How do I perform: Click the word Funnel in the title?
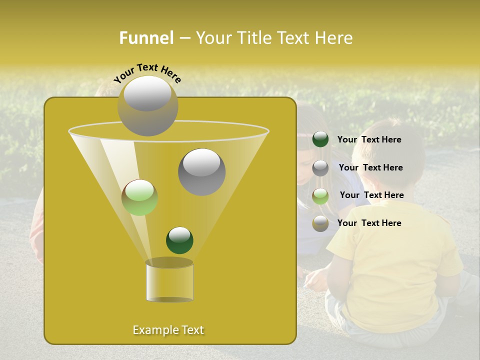click(x=146, y=38)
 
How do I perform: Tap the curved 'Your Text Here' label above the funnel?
click(x=147, y=72)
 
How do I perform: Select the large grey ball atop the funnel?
click(x=147, y=105)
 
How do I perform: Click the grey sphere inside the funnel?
click(x=201, y=172)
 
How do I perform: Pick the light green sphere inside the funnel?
click(x=139, y=197)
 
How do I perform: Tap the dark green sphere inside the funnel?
click(x=179, y=240)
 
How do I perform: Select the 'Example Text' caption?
click(x=168, y=330)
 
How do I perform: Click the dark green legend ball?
click(x=320, y=139)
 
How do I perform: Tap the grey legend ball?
click(x=320, y=168)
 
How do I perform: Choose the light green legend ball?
click(x=320, y=196)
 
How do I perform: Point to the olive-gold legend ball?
click(x=320, y=223)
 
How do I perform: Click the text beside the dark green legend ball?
click(x=369, y=140)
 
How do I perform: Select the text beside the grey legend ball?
click(x=370, y=168)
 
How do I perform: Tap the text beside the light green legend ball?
click(x=371, y=195)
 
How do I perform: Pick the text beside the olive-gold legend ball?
click(x=369, y=223)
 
